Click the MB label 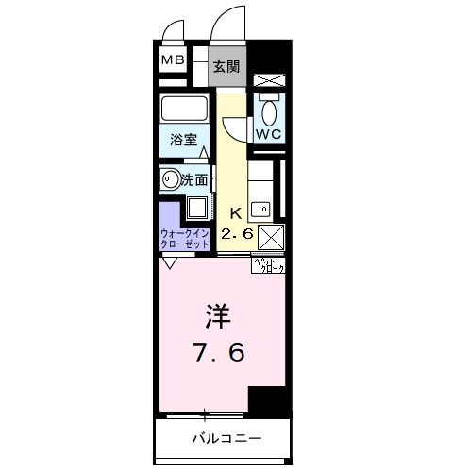point(172,61)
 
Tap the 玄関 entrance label point(225,66)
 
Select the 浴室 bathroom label point(182,139)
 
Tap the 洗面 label point(194,178)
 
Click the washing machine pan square point(199,208)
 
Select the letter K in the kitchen point(235,213)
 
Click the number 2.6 point(237,233)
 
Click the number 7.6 point(221,353)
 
